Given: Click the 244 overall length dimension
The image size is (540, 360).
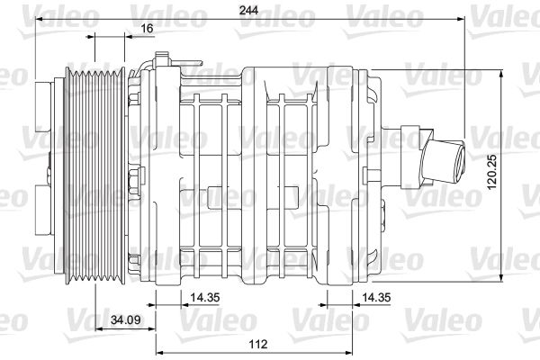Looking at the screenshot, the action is (248, 10).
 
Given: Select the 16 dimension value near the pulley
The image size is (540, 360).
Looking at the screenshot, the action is (147, 28).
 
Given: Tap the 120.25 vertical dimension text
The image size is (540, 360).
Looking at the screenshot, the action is (492, 171).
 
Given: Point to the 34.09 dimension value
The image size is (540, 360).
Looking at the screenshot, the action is (126, 320).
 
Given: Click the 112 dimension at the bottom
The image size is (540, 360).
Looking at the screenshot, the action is (258, 344).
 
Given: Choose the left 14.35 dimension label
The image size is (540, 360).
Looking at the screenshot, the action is (205, 297).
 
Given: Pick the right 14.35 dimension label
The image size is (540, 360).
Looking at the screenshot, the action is (376, 297).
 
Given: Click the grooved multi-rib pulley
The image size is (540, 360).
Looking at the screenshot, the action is (95, 175).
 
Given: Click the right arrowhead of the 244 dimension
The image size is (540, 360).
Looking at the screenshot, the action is (461, 19).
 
